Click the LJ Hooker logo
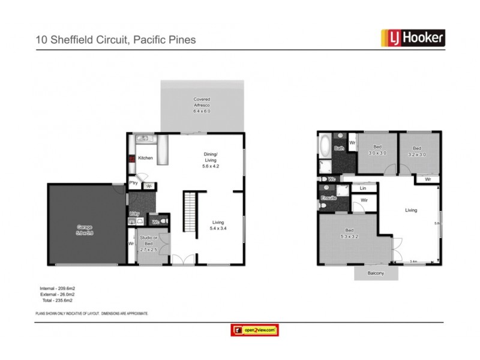coord(413,38)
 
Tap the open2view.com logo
coord(255,330)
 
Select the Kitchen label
coord(146,158)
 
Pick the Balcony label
coord(376,273)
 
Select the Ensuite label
coord(328,197)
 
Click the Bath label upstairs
coord(339,148)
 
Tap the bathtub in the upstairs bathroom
coord(325,146)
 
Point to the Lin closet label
coord(363,188)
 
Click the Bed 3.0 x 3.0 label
coord(377,150)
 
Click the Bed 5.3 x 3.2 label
coord(349,233)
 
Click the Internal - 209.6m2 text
coord(58,289)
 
